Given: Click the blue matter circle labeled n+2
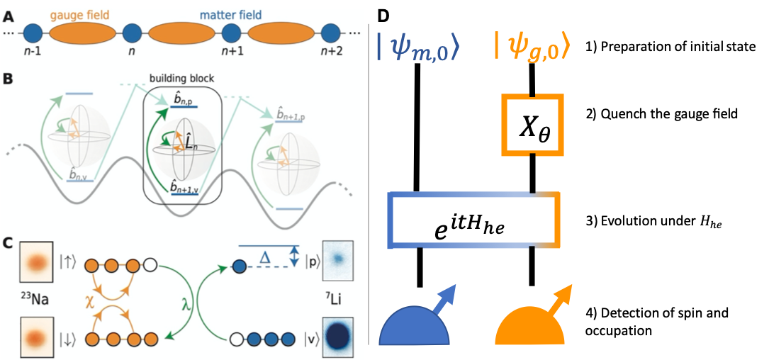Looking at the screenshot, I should coord(330,33).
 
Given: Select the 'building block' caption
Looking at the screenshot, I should coord(181,79).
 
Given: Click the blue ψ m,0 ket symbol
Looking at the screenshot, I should coord(418,48).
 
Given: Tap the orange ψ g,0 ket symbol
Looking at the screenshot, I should coord(532,48).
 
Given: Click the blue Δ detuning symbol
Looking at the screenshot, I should coord(264,259).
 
